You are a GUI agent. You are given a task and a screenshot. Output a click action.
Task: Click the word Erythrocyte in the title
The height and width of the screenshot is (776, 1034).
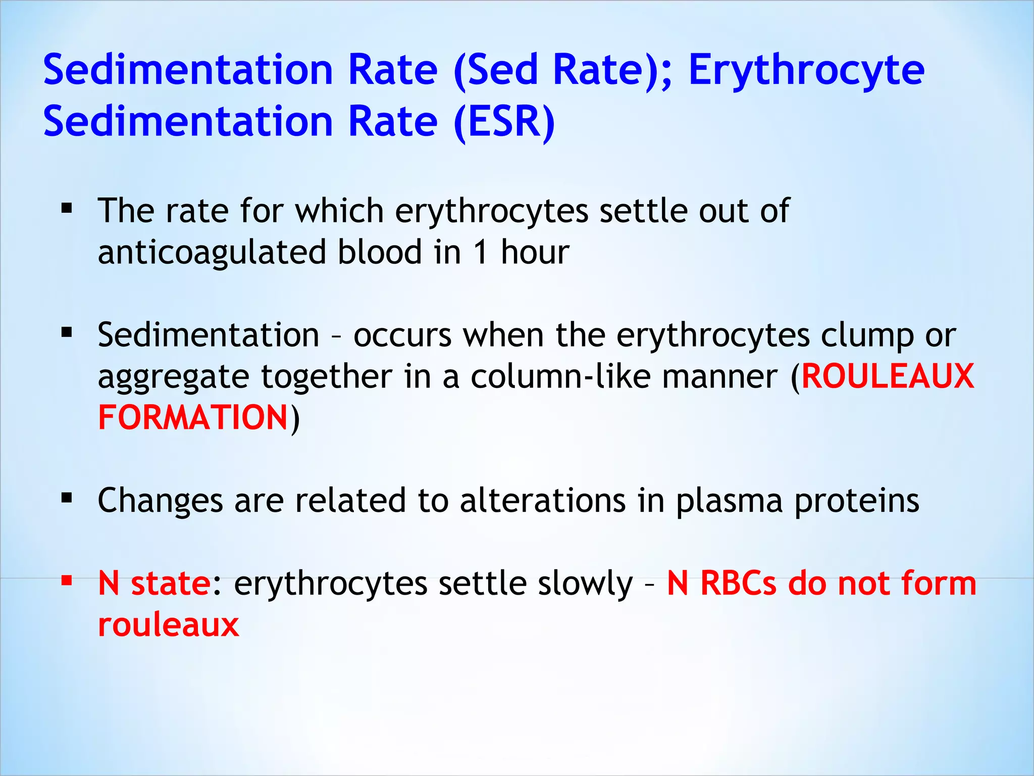coord(806,71)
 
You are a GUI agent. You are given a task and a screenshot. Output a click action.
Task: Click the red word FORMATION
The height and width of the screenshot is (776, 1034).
coord(193,418)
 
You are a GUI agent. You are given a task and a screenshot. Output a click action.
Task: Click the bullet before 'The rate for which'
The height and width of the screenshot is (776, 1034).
coord(67,208)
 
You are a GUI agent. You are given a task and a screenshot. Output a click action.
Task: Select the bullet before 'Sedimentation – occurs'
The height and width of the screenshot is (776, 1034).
coord(67,332)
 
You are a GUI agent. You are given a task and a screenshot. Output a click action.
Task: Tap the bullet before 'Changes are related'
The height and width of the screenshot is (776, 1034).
coord(67,498)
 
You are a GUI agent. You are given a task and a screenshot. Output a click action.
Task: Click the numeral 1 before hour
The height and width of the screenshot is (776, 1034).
coord(481,252)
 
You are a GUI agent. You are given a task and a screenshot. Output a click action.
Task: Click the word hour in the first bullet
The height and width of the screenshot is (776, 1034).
coord(535,252)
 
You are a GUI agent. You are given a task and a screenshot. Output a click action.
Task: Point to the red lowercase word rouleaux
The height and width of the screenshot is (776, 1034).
coord(168,625)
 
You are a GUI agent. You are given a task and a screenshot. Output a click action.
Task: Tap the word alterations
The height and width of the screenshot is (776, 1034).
coord(542,501)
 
